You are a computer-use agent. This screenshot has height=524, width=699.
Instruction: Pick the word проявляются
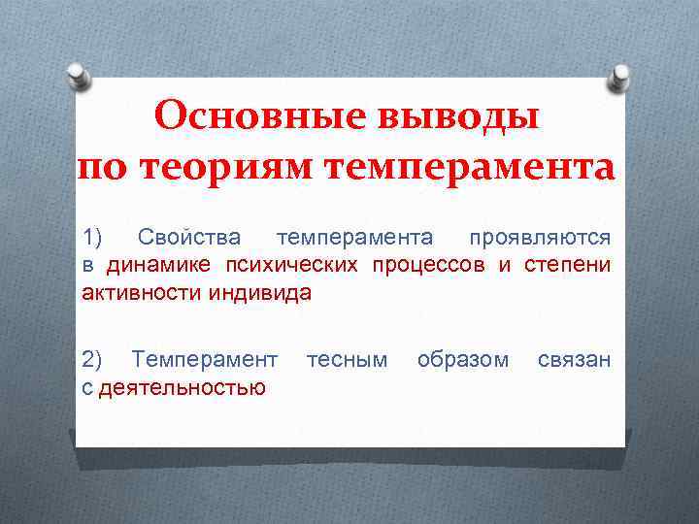(x=540, y=238)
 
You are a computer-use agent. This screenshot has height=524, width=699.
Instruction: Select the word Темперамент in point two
(x=205, y=360)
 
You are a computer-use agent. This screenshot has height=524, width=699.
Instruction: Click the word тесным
(x=347, y=360)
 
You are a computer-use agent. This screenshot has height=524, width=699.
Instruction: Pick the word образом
(x=462, y=360)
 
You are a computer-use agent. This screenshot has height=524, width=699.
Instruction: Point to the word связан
(x=574, y=360)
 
